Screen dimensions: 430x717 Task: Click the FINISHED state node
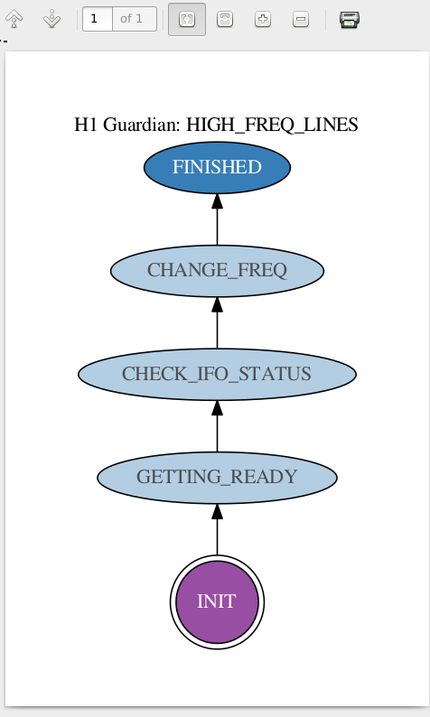click(x=217, y=167)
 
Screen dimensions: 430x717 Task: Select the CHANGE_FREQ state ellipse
click(x=217, y=271)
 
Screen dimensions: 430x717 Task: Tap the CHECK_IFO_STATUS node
click(x=217, y=374)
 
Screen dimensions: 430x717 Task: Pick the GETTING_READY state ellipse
click(x=217, y=478)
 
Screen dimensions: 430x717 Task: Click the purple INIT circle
click(x=217, y=601)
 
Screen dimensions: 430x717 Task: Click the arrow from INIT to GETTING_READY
click(x=217, y=529)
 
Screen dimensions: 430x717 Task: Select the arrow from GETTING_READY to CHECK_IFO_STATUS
click(x=217, y=426)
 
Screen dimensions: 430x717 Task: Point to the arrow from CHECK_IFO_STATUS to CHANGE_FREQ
click(x=217, y=323)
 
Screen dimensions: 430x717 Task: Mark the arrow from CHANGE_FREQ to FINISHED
click(x=217, y=219)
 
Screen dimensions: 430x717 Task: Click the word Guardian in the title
click(x=141, y=125)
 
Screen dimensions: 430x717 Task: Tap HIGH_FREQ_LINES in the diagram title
click(x=272, y=125)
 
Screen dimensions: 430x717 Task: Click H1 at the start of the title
click(x=86, y=125)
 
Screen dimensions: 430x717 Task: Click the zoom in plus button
click(x=263, y=19)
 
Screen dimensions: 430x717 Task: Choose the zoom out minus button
click(x=301, y=19)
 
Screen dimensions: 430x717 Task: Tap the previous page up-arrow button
click(x=14, y=19)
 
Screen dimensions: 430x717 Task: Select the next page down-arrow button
click(x=52, y=19)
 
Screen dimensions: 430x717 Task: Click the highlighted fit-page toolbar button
click(x=187, y=19)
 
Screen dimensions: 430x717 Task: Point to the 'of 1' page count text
click(x=131, y=19)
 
